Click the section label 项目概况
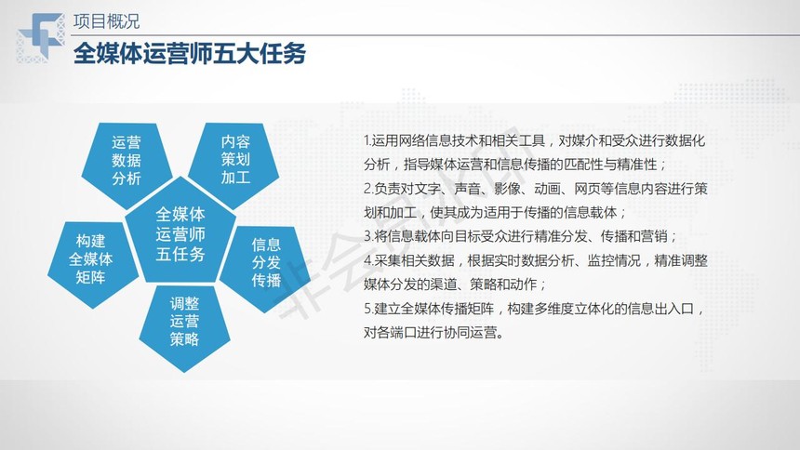coord(106,21)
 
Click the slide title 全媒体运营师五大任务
coord(189,54)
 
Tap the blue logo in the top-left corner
coord(41,38)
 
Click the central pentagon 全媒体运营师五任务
coord(180,232)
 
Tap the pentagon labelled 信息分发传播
coord(265,265)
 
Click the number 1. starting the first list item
coord(367,140)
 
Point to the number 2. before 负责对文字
coord(369,190)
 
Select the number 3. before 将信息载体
coord(369,237)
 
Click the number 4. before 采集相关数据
coord(369,260)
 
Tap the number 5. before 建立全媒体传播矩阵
coord(369,309)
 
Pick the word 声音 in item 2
coord(467,190)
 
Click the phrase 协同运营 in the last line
coord(470,333)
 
